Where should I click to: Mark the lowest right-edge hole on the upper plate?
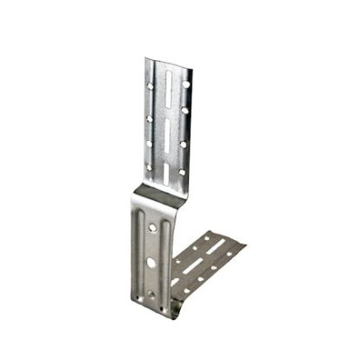coord(181,171)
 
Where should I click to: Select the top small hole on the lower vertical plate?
coord(153,228)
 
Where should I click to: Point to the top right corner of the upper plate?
coord(191,62)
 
